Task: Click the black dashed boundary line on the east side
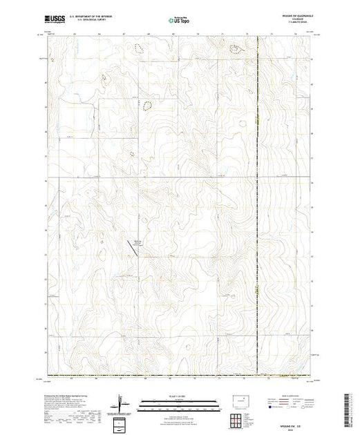click(x=258, y=207)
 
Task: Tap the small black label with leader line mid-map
click(x=137, y=242)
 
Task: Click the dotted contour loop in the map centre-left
click(x=146, y=106)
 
